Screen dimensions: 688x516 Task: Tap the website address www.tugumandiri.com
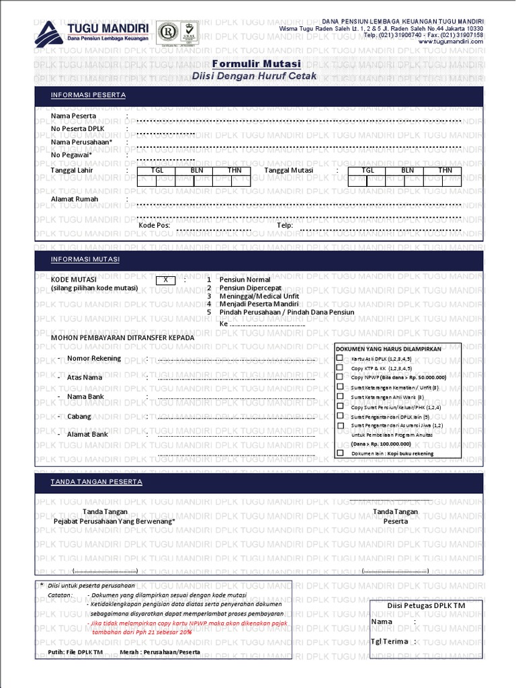[x=450, y=42]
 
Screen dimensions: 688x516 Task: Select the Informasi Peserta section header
[x=89, y=95]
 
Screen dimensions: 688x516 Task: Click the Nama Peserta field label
[x=73, y=116]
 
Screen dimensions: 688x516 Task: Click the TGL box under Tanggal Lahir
[x=157, y=171]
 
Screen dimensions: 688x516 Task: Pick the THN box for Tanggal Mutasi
[x=445, y=171]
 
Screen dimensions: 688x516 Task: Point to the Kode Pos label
[x=154, y=226]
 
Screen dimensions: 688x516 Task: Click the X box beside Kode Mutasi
[x=165, y=279]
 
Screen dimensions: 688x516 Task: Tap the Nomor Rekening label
[x=94, y=358]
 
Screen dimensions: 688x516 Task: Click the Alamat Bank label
[x=87, y=435]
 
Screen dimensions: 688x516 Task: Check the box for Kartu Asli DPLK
[x=340, y=359]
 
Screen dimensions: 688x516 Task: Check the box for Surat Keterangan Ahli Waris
[x=340, y=397]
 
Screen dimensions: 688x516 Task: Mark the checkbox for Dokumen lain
[x=340, y=453]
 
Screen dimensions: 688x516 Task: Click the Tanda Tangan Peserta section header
[x=97, y=482]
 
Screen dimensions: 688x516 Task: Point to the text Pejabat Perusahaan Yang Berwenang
[x=114, y=521]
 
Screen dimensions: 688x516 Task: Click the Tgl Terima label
[x=390, y=641]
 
